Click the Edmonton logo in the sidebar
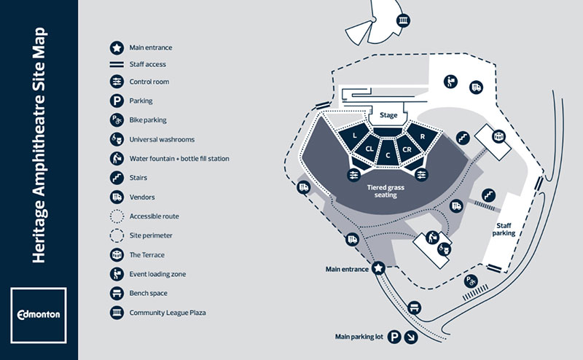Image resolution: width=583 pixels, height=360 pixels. (39, 314)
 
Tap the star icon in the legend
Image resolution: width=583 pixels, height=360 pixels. (116, 47)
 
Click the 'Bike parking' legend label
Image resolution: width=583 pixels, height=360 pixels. (148, 120)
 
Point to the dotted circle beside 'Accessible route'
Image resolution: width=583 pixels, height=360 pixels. (116, 216)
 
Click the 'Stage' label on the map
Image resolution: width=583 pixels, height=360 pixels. (388, 115)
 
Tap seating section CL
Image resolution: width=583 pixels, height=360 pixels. (369, 149)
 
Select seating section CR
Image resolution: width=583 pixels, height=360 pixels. (407, 149)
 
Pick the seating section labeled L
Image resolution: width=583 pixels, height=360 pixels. (353, 136)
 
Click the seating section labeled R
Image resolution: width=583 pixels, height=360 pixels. (423, 136)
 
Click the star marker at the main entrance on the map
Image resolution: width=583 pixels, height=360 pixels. (379, 269)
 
